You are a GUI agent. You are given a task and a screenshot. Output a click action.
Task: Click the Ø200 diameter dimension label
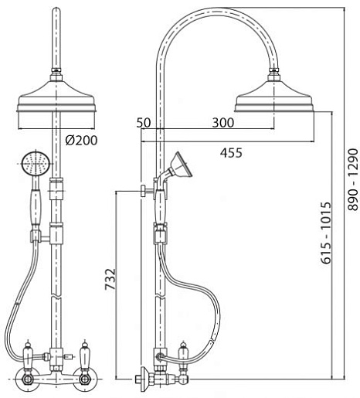coord(81,141)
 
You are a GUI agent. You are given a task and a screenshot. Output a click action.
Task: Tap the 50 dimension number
coord(144,123)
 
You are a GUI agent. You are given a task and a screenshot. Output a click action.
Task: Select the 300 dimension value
coord(223,123)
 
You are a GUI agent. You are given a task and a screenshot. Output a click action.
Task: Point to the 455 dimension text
coord(231,153)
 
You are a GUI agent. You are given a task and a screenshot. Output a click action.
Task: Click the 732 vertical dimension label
coord(110,279)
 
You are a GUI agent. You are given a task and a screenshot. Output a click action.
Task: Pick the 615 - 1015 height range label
coord(326,233)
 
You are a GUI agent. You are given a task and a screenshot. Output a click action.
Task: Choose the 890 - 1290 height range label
coord(353,180)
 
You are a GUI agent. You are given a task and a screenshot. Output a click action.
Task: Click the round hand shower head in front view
coord(35,164)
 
